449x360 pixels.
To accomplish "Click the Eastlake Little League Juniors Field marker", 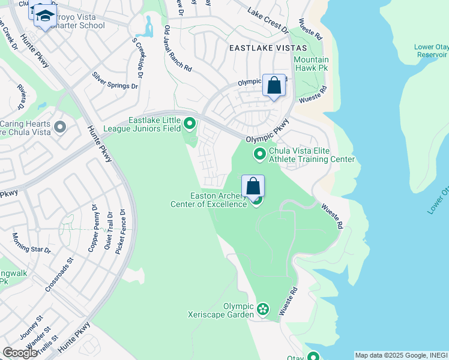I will (x=190, y=125).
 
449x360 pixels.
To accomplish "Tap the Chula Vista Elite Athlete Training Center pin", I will (x=260, y=155).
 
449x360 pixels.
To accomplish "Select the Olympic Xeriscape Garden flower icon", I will (x=262, y=310).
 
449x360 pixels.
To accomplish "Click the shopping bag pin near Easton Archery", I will (x=253, y=186).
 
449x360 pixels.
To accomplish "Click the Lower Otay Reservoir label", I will (x=431, y=50).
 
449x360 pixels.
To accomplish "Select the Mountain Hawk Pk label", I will (x=311, y=64).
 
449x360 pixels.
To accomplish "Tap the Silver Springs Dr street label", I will (x=115, y=81).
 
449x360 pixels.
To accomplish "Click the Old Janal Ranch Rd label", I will (x=178, y=49).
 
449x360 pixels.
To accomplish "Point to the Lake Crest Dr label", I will (x=268, y=20).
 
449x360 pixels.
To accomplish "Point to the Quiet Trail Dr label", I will (x=109, y=231).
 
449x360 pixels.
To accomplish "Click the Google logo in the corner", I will (x=20, y=353).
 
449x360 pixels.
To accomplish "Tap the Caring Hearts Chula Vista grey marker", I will (x=59, y=127).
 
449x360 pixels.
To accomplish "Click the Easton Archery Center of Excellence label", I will (x=218, y=200).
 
